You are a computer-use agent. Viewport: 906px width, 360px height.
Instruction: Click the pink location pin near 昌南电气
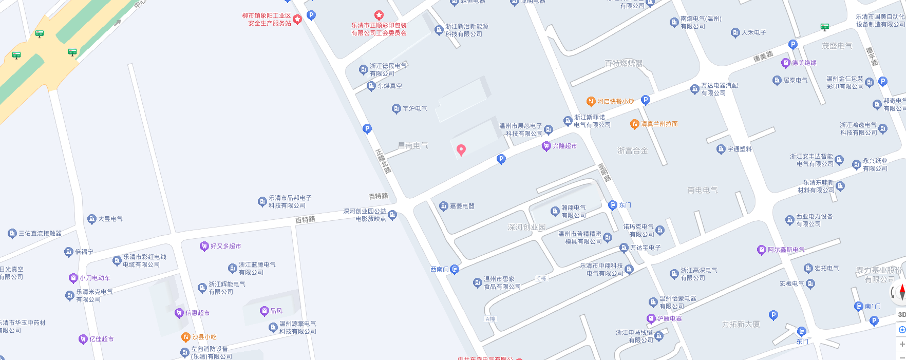click(461, 149)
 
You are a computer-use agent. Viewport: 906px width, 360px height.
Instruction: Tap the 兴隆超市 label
click(564, 146)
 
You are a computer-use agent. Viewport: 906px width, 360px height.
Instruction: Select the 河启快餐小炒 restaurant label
click(615, 102)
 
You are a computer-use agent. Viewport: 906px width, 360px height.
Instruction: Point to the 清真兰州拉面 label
click(659, 124)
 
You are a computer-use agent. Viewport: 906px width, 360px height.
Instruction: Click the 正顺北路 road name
click(383, 161)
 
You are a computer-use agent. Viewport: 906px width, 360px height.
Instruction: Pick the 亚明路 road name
click(605, 173)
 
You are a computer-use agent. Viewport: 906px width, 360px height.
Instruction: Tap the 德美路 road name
click(763, 56)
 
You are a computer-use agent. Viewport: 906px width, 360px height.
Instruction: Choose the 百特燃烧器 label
click(624, 64)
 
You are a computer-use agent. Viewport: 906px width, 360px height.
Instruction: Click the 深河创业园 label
click(526, 227)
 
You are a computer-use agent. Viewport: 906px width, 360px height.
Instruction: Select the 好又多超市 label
click(225, 247)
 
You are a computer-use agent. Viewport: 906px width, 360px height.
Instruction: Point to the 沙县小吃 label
click(204, 337)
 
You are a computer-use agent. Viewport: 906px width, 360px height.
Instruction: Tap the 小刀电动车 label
click(95, 278)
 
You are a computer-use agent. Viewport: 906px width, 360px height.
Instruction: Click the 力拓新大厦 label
click(740, 325)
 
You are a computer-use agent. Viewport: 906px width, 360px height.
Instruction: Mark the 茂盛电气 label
click(837, 46)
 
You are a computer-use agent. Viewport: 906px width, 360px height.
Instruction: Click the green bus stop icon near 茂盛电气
click(825, 27)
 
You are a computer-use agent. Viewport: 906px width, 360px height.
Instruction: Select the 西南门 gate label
click(440, 269)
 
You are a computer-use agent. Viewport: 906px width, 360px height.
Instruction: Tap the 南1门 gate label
click(872, 307)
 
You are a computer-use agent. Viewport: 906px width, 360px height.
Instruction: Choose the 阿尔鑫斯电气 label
click(786, 250)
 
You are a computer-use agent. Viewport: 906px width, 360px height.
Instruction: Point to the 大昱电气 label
click(110, 219)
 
